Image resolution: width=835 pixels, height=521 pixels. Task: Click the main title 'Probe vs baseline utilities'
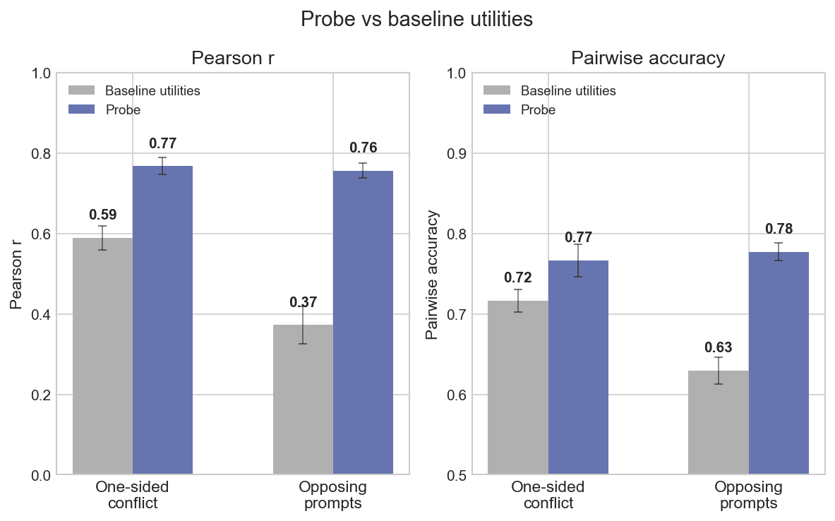416,20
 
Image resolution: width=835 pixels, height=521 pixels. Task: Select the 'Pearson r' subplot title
233,59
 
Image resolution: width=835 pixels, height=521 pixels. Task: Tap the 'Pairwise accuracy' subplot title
648,59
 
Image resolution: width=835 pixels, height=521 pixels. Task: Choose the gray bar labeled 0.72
518,388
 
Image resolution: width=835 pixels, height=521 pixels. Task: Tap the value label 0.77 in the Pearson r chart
162,144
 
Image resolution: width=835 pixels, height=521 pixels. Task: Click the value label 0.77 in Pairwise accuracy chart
578,238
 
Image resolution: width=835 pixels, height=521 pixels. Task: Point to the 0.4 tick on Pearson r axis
41,314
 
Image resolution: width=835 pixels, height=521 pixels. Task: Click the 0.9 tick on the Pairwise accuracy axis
456,154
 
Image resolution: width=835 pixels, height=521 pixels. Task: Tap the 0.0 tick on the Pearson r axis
41,475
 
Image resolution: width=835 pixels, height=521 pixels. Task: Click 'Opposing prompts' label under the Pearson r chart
332,495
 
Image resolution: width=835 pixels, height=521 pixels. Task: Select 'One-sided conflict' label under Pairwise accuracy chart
548,495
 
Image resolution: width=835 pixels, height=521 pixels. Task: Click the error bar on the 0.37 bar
303,325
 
